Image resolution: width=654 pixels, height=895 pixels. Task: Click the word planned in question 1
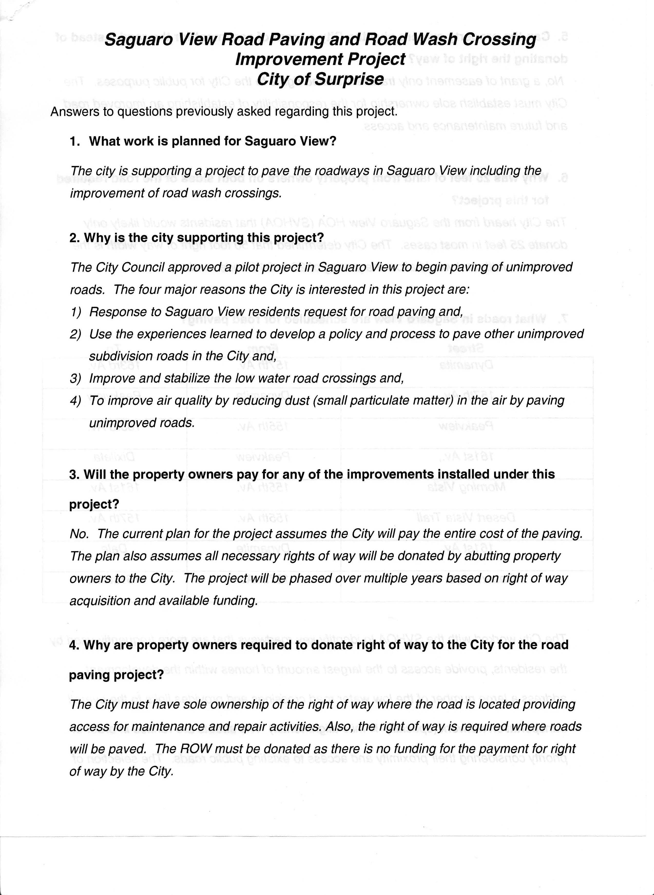click(193, 142)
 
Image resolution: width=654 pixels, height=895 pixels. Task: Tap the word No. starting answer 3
click(79, 534)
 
